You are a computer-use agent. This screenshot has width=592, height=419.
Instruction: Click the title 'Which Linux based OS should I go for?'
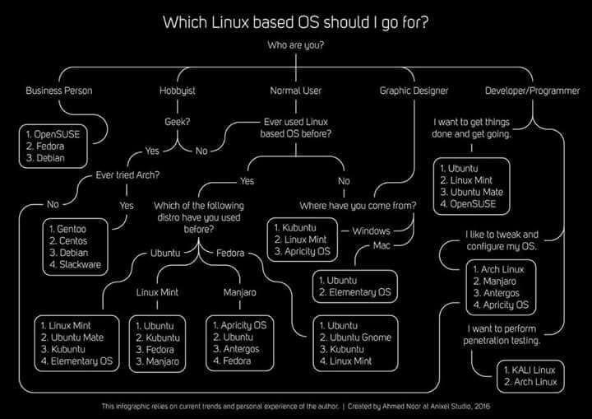click(x=296, y=21)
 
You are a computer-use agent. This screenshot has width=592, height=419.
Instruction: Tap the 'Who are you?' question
click(x=296, y=45)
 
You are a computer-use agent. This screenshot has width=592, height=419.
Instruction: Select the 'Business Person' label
click(x=59, y=91)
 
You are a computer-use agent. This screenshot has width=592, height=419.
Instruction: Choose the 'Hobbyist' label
click(x=177, y=91)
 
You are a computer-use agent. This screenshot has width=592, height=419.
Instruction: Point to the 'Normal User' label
click(x=296, y=91)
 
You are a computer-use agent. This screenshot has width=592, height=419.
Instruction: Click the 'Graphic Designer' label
click(x=412, y=91)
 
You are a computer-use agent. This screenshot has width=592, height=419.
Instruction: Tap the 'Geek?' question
click(x=178, y=122)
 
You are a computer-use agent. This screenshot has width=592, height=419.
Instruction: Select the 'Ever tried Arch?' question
click(x=127, y=175)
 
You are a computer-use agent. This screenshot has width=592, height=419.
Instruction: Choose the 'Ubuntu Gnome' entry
click(x=360, y=337)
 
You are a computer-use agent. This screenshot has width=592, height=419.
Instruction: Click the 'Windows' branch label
click(x=371, y=230)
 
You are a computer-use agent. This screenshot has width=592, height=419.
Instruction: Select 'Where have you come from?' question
click(x=358, y=204)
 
